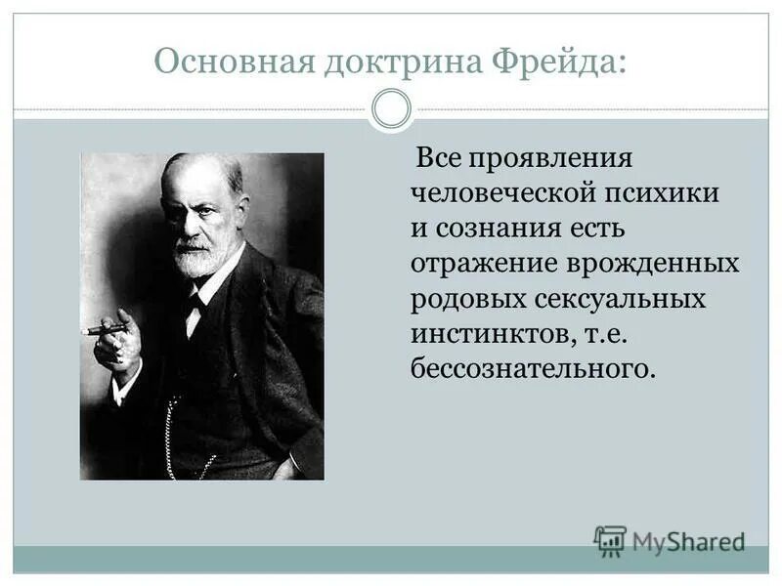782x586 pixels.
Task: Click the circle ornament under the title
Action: click(392, 109)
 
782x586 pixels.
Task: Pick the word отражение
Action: click(483, 264)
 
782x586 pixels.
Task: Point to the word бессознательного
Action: click(531, 369)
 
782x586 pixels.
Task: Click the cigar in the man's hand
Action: click(104, 330)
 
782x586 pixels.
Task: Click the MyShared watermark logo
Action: click(670, 540)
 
